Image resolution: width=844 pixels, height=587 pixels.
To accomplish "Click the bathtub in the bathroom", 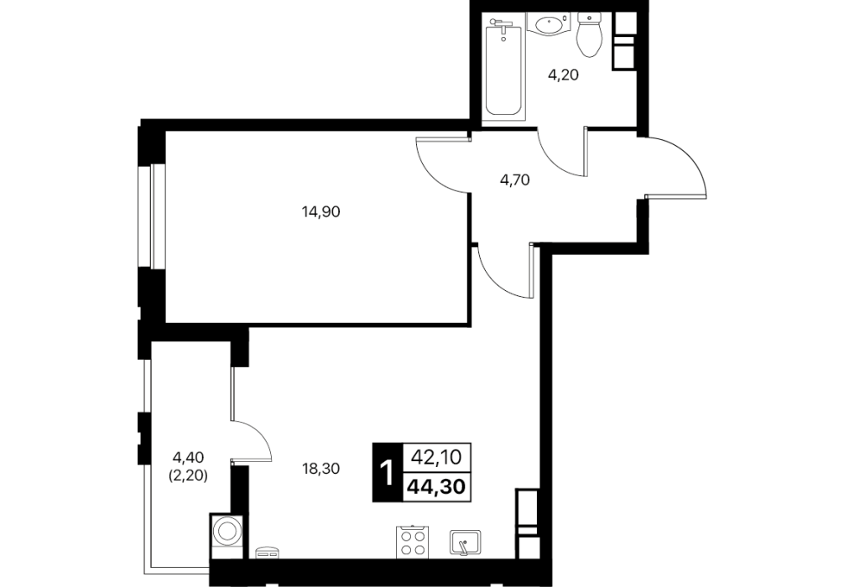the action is point(504,65).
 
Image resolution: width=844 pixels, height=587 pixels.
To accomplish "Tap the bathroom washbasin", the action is point(550,24).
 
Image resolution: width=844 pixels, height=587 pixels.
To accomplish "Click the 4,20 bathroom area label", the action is point(563,75).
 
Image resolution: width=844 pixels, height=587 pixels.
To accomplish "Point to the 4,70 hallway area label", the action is point(515,180).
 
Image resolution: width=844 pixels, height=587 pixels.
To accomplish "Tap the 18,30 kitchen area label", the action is point(320,469).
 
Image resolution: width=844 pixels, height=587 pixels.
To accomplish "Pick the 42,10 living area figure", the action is point(436,457).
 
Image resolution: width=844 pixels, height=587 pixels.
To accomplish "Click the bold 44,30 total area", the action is point(436,487).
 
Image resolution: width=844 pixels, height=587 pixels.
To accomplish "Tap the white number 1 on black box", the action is point(387,472).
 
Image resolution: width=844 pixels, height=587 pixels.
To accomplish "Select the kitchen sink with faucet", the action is point(466,543).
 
